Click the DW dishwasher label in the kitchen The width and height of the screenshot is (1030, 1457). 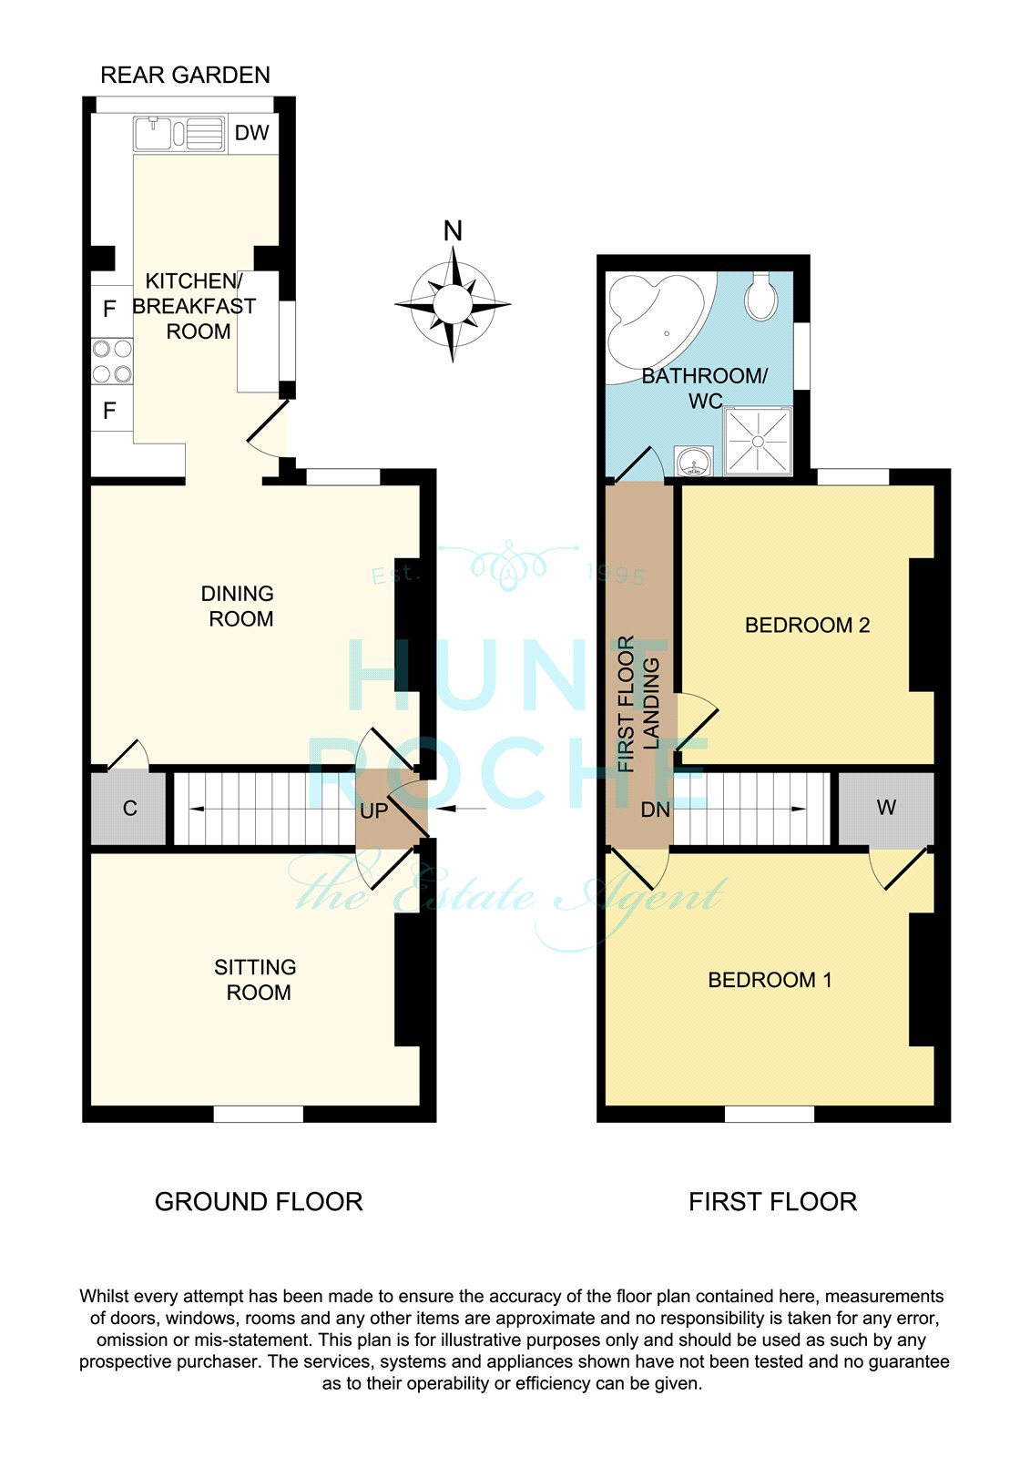[251, 133]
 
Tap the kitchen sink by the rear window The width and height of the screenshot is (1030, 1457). [179, 134]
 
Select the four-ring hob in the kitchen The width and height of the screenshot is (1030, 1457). [112, 362]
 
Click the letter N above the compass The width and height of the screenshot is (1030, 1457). [453, 231]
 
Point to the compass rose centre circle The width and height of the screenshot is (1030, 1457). [453, 304]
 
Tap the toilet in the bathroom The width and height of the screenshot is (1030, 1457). [761, 295]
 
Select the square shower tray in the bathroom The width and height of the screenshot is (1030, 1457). [758, 441]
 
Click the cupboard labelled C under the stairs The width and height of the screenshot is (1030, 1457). [128, 809]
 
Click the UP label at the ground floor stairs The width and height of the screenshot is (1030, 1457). [373, 810]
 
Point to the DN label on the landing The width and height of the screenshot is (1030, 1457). [655, 810]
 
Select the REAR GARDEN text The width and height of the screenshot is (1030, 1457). [186, 76]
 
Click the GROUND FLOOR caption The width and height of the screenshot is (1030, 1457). [259, 1202]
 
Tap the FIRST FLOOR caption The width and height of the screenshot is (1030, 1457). [773, 1202]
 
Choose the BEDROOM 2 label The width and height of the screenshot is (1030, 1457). [808, 625]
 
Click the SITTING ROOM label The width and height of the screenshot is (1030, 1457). [256, 980]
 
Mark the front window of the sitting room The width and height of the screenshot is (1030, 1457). [259, 1114]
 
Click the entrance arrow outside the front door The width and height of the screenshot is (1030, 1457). [461, 809]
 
